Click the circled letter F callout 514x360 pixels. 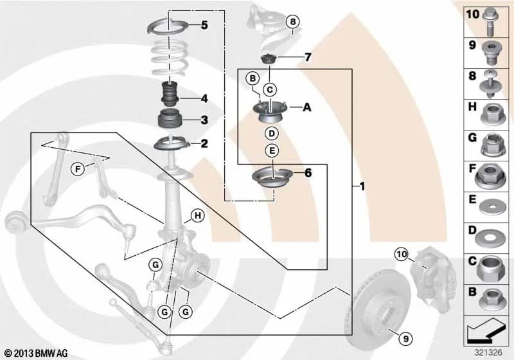[78, 170]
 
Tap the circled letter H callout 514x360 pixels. [197, 216]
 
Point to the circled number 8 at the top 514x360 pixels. [293, 22]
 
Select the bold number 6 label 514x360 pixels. [307, 172]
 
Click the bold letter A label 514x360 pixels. [306, 108]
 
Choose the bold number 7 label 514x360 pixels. [307, 58]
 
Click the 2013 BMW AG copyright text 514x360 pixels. [31, 353]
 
